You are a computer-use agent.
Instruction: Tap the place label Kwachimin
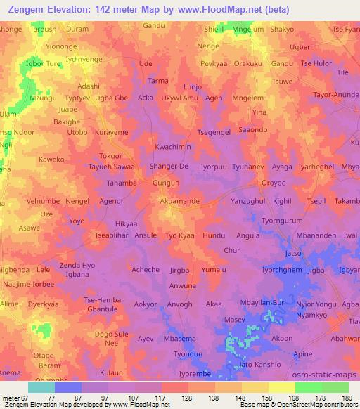point(173,147)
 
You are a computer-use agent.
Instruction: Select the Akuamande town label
point(180,201)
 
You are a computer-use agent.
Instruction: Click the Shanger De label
point(169,167)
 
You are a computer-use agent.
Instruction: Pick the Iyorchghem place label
point(282,270)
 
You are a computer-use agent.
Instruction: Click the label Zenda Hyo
point(77,265)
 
